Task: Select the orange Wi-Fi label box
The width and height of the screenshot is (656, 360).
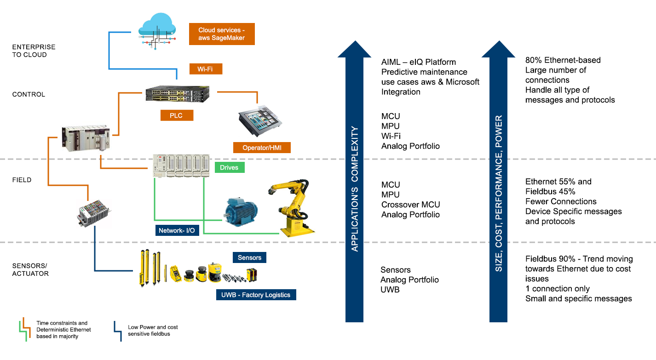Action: (207, 69)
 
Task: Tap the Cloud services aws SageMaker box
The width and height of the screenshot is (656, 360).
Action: (222, 34)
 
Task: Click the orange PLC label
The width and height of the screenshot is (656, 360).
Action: (177, 115)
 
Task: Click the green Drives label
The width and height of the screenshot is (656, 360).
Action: (229, 167)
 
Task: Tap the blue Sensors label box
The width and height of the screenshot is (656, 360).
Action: (249, 257)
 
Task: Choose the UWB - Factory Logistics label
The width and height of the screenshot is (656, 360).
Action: (256, 294)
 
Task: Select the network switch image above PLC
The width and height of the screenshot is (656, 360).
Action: (178, 94)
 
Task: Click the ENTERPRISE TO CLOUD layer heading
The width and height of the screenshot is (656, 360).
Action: (34, 51)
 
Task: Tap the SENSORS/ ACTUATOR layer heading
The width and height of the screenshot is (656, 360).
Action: (30, 270)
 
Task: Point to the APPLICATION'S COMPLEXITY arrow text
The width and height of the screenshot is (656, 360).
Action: (354, 189)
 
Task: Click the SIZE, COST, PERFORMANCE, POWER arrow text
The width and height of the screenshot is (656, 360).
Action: (498, 193)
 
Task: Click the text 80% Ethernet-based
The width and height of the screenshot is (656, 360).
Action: (563, 60)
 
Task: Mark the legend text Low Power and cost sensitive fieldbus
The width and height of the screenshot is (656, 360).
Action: (153, 330)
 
